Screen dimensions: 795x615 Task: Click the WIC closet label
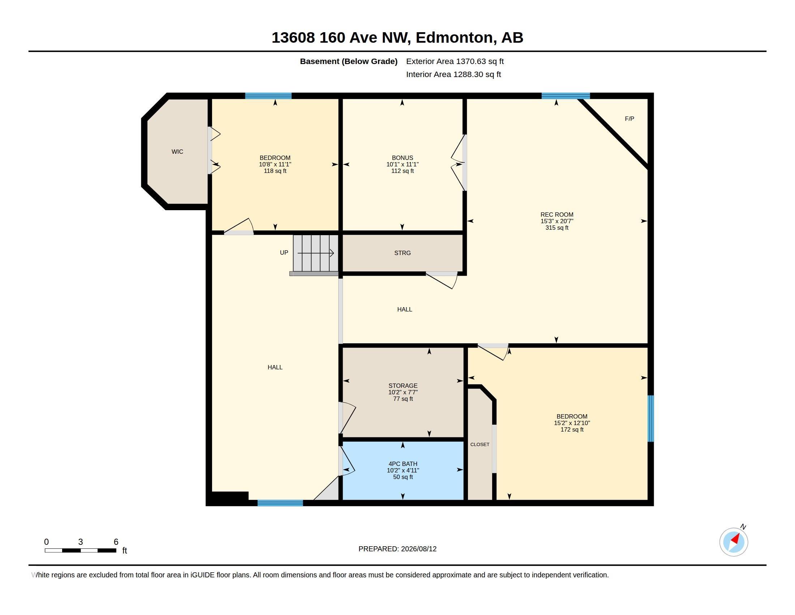177,152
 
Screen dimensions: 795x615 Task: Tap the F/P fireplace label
629,119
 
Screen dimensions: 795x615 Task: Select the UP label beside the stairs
284,253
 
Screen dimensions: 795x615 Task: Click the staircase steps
316,253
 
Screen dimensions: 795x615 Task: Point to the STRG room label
402,253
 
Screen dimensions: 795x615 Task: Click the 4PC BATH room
403,470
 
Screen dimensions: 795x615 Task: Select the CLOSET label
480,445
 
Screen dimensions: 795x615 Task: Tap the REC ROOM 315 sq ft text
557,228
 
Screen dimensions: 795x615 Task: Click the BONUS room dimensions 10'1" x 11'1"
403,164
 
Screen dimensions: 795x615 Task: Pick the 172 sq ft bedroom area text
572,429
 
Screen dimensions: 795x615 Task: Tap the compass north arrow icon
734,542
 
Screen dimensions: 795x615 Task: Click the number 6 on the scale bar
116,542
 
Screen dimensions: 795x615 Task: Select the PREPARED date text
397,549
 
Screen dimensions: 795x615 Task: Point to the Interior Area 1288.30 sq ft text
454,74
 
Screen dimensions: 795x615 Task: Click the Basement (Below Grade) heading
349,61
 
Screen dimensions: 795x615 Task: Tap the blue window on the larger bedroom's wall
651,419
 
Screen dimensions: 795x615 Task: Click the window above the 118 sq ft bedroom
268,96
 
